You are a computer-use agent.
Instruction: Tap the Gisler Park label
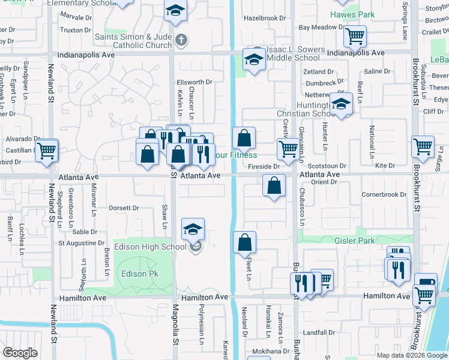372,241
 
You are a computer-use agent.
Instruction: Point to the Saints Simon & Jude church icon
181,40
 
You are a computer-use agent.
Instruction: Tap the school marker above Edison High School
193,229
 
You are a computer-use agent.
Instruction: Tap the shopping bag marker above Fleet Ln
244,242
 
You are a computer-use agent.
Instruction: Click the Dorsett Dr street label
124,208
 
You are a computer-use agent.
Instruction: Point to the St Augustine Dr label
80,243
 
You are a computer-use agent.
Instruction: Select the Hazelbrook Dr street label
265,18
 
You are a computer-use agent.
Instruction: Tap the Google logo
20,353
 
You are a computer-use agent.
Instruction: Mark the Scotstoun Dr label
327,166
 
